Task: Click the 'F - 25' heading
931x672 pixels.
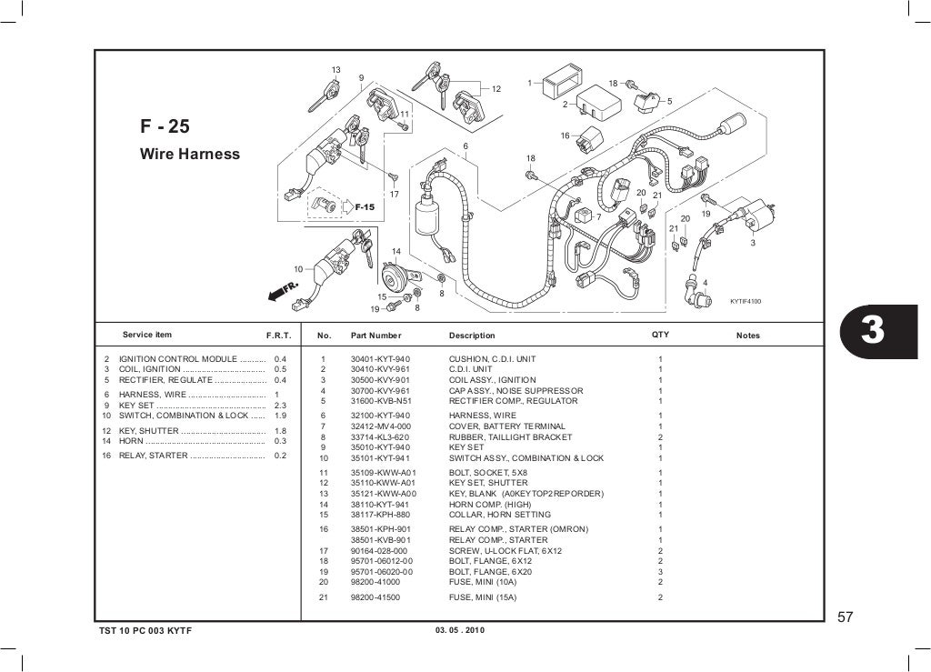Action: (165, 126)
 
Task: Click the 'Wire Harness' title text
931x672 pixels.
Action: (189, 155)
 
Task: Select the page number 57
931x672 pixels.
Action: (846, 617)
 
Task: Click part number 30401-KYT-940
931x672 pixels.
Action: (380, 359)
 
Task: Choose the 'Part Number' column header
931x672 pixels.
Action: (375, 336)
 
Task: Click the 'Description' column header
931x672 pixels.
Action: (472, 336)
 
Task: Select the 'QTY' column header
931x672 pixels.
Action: (660, 335)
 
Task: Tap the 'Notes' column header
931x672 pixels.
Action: (747, 336)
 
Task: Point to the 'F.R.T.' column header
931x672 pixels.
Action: (276, 336)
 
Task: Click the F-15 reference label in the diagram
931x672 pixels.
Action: (364, 207)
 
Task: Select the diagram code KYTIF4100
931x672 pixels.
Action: (746, 301)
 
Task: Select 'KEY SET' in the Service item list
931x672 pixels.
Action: (136, 405)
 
